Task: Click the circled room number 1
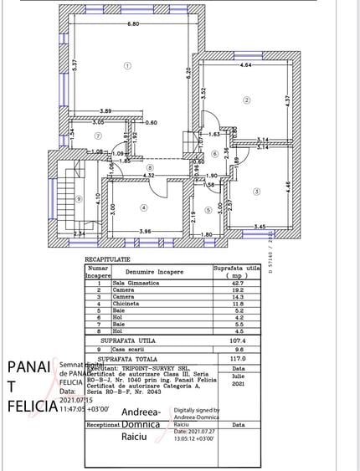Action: tap(127, 64)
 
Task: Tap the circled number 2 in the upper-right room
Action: tap(247, 100)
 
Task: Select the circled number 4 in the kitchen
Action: tap(144, 208)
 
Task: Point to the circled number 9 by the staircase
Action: tap(78, 198)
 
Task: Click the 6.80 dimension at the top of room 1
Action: tap(133, 24)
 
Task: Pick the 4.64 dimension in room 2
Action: tap(246, 64)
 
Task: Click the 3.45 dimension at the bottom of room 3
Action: tap(260, 227)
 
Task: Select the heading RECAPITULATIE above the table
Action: tap(108, 260)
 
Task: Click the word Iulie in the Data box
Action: tap(238, 376)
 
